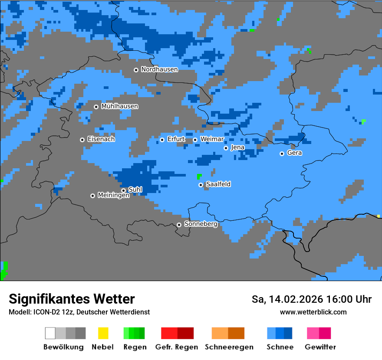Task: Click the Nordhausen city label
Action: click(x=159, y=69)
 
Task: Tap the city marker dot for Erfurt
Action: click(x=162, y=140)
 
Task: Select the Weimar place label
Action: click(x=212, y=139)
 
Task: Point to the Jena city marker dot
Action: click(x=226, y=148)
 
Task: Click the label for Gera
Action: click(x=294, y=153)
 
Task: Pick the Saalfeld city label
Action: click(x=218, y=184)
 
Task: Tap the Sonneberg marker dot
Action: click(x=179, y=225)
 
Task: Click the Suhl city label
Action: click(x=135, y=190)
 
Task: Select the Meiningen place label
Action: click(x=113, y=195)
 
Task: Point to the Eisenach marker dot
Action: click(x=82, y=140)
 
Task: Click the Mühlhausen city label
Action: click(x=119, y=106)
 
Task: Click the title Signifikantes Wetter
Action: click(x=72, y=299)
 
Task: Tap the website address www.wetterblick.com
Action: click(x=313, y=312)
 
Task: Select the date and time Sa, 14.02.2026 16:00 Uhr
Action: click(x=311, y=299)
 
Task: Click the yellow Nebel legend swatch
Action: click(x=103, y=333)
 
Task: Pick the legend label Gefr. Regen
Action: click(x=177, y=347)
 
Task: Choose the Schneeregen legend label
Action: click(x=229, y=347)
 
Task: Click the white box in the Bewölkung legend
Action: click(x=50, y=333)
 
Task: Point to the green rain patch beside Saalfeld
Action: click(x=199, y=176)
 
